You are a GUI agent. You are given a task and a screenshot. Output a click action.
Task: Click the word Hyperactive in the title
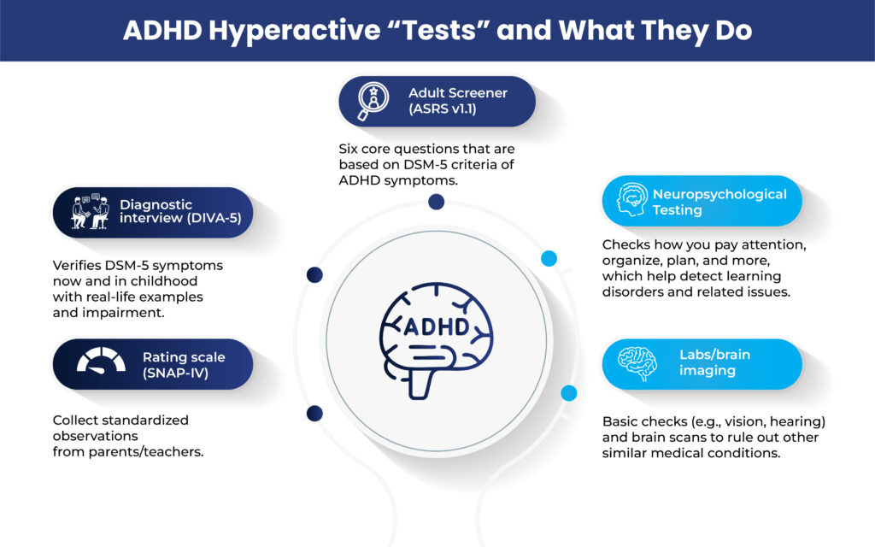pos(294,30)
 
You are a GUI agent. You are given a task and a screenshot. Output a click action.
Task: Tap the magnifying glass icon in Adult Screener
pos(373,101)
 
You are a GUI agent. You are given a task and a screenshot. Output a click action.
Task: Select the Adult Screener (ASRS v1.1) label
pos(458,101)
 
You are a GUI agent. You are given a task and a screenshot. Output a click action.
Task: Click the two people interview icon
pos(91,212)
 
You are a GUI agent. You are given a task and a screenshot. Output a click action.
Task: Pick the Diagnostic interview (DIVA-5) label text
pos(180,212)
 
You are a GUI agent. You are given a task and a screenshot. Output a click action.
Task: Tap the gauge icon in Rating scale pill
pos(101,361)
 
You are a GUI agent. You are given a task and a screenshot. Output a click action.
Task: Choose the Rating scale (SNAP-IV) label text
pos(184,365)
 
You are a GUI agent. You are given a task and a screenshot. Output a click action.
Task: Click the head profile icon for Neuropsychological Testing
pos(632,200)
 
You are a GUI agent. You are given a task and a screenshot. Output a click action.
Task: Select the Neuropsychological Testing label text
pos(719,202)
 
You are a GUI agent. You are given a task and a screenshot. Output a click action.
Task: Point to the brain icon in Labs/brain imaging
pos(637,362)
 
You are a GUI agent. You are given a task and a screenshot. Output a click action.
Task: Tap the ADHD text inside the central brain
pos(437,326)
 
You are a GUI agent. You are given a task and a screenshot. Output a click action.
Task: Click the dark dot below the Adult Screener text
pos(437,202)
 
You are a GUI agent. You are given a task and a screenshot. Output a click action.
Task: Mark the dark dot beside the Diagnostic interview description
pos(314,274)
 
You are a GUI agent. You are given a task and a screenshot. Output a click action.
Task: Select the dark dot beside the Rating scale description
pos(314,414)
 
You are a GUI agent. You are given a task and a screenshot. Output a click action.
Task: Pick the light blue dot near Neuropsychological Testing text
pos(549,258)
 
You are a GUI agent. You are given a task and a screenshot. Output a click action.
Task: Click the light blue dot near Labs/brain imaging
pos(568,393)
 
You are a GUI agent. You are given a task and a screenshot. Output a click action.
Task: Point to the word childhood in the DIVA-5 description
pos(164,280)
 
